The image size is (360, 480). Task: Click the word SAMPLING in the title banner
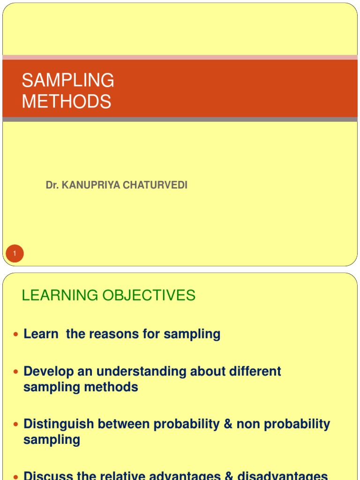click(68, 80)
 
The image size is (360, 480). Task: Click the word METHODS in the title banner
click(67, 101)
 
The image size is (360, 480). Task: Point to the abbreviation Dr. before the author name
click(52, 185)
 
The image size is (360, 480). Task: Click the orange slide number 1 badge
click(15, 254)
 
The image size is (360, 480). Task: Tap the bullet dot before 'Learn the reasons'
click(15, 334)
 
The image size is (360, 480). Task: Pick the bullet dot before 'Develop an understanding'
click(15, 371)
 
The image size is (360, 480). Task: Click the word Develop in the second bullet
click(45, 371)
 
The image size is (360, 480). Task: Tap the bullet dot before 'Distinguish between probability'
click(15, 424)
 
